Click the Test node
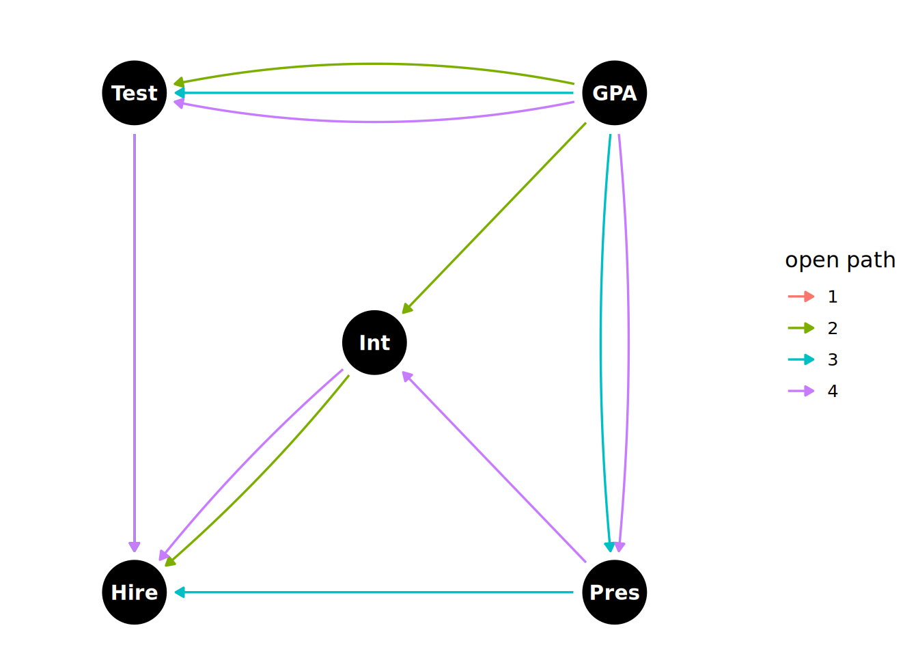pos(135,93)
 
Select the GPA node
pos(614,93)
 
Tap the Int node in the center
pos(374,342)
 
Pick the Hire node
pos(135,592)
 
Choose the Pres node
pos(614,592)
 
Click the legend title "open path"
pos(839,260)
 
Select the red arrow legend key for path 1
pos(801,297)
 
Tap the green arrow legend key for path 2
pos(801,328)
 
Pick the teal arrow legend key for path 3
pos(801,359)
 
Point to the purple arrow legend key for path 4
pos(801,391)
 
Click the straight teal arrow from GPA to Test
pos(374,93)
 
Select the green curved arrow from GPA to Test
pos(374,64)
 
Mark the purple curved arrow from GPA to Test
pos(374,122)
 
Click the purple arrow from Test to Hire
pos(135,342)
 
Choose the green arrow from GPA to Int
pos(494,218)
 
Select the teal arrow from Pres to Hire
pos(374,592)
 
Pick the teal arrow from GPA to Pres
pos(601,342)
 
